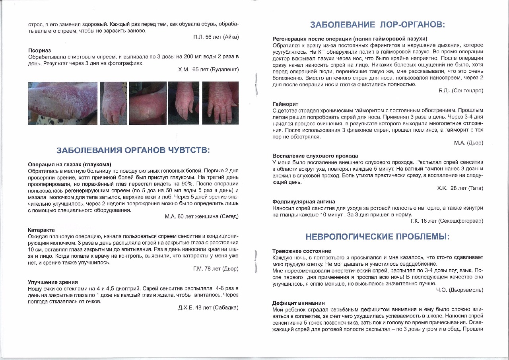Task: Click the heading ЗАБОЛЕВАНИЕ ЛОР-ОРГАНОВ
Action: tap(377, 25)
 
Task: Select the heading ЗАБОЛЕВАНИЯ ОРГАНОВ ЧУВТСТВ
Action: tap(133, 150)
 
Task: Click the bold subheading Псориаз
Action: tap(39, 51)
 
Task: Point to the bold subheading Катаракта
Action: tap(41, 230)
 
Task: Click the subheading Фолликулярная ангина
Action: tap(304, 202)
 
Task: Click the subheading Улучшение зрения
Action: tap(53, 282)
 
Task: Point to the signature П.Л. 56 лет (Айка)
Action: tap(216, 37)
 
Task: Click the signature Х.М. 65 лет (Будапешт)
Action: tap(208, 70)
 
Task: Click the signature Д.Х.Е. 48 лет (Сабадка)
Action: tap(208, 307)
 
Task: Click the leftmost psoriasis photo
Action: tap(63, 103)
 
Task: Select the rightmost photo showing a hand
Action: tap(220, 103)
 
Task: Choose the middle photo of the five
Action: tap(147, 103)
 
